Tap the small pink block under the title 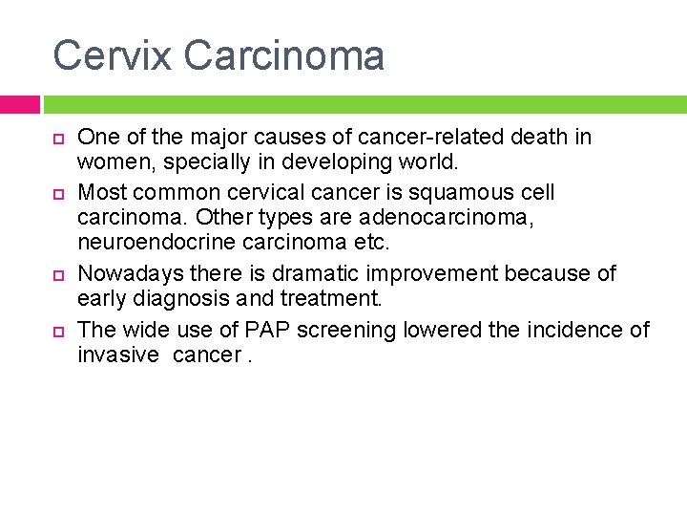[19, 104]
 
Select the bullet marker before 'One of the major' [57, 140]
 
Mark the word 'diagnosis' [184, 299]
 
